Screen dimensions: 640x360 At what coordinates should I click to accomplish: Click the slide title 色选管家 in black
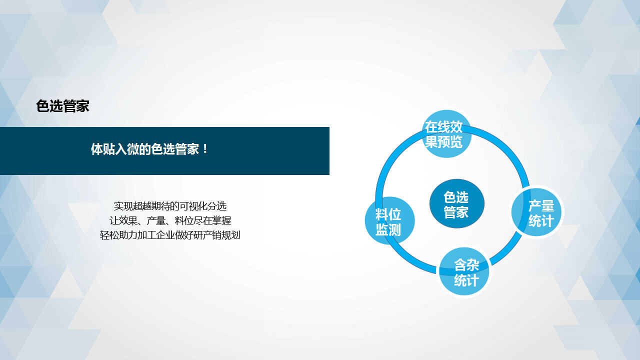pyautogui.click(x=62, y=106)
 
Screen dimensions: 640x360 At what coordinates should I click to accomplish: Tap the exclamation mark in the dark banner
pyautogui.click(x=205, y=149)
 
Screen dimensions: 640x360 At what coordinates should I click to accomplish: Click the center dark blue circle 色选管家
pyautogui.click(x=456, y=203)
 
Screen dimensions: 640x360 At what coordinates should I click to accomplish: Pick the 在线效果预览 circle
pyautogui.click(x=446, y=133)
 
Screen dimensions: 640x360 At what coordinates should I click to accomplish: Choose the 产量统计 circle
pyautogui.click(x=536, y=212)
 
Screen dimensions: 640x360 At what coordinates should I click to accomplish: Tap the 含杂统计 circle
pyautogui.click(x=464, y=271)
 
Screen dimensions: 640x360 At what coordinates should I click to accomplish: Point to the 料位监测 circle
pyautogui.click(x=389, y=220)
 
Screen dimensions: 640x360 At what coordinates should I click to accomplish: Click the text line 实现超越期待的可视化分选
pyautogui.click(x=170, y=206)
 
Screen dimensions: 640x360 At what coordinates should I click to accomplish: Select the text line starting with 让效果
pyautogui.click(x=170, y=220)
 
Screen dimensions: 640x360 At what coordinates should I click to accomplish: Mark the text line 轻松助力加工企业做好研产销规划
pyautogui.click(x=170, y=235)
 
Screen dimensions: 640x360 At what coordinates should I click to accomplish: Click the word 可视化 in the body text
pyautogui.click(x=193, y=206)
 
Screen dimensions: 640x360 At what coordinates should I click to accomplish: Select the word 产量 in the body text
pyautogui.click(x=156, y=220)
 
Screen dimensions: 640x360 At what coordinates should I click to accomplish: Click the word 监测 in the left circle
pyautogui.click(x=388, y=229)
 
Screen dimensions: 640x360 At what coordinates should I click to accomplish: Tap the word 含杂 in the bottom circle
pyautogui.click(x=466, y=265)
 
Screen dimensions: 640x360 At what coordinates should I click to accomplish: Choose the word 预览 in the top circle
pyautogui.click(x=453, y=141)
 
